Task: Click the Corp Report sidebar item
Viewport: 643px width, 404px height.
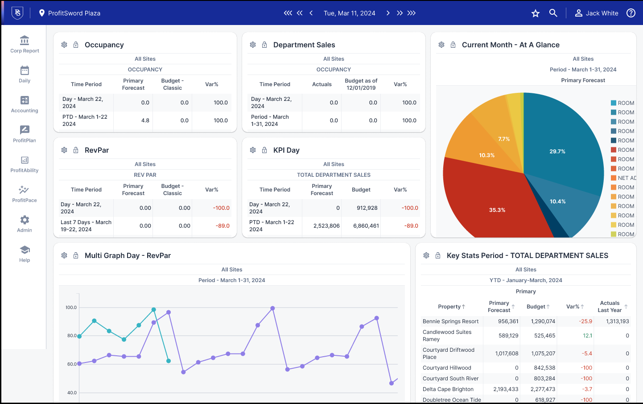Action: click(x=25, y=45)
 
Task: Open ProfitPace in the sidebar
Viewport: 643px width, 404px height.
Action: click(x=25, y=194)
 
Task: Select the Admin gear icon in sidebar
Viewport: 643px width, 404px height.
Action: click(x=25, y=220)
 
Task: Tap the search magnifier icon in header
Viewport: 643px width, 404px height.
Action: click(x=553, y=13)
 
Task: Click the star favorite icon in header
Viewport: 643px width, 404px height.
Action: click(x=536, y=13)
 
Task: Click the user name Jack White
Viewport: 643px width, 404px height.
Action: click(x=602, y=13)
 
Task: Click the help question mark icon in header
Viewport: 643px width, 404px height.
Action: click(x=631, y=13)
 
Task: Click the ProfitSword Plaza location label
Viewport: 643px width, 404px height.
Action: click(x=74, y=13)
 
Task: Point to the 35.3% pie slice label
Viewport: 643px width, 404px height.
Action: click(x=497, y=210)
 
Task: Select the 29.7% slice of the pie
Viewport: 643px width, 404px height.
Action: click(x=557, y=151)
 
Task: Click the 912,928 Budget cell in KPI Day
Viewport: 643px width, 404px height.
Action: click(x=367, y=208)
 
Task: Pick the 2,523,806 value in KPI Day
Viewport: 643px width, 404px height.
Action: click(x=326, y=226)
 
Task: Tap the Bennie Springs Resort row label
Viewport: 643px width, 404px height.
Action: click(x=450, y=321)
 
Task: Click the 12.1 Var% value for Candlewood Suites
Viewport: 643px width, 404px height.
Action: click(x=587, y=336)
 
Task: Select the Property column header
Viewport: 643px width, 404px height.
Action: click(x=449, y=307)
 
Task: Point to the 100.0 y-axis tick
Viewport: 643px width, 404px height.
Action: click(x=71, y=308)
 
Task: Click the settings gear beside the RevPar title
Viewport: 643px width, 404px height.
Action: click(x=64, y=150)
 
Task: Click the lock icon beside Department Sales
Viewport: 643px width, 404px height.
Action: click(x=264, y=45)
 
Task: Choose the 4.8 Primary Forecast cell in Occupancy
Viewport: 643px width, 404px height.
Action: click(x=145, y=121)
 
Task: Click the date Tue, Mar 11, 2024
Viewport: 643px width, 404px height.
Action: click(x=349, y=13)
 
